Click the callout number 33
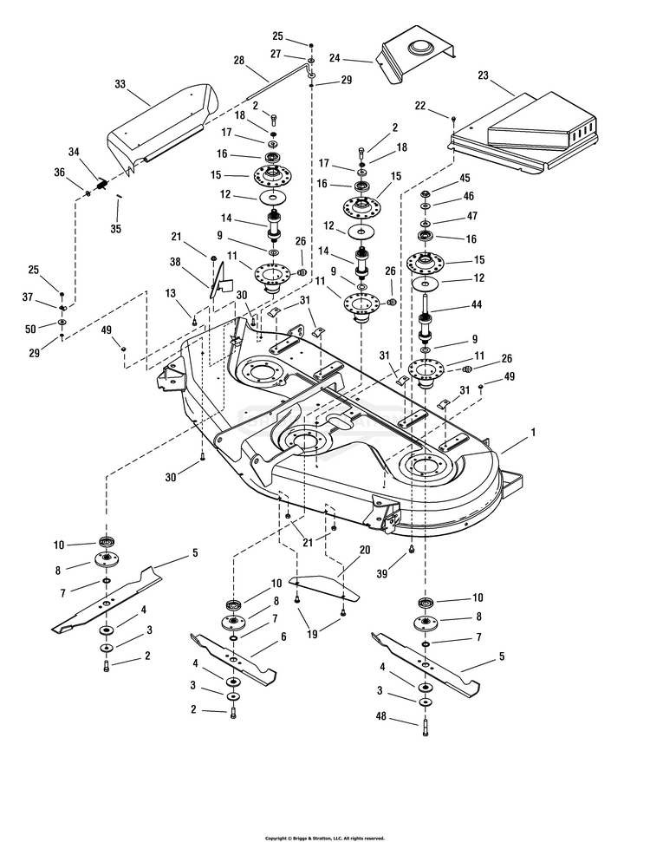120,84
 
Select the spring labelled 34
102,184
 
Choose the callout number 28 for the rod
238,61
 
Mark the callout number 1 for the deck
532,431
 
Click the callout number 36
60,173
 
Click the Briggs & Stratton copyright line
324,838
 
